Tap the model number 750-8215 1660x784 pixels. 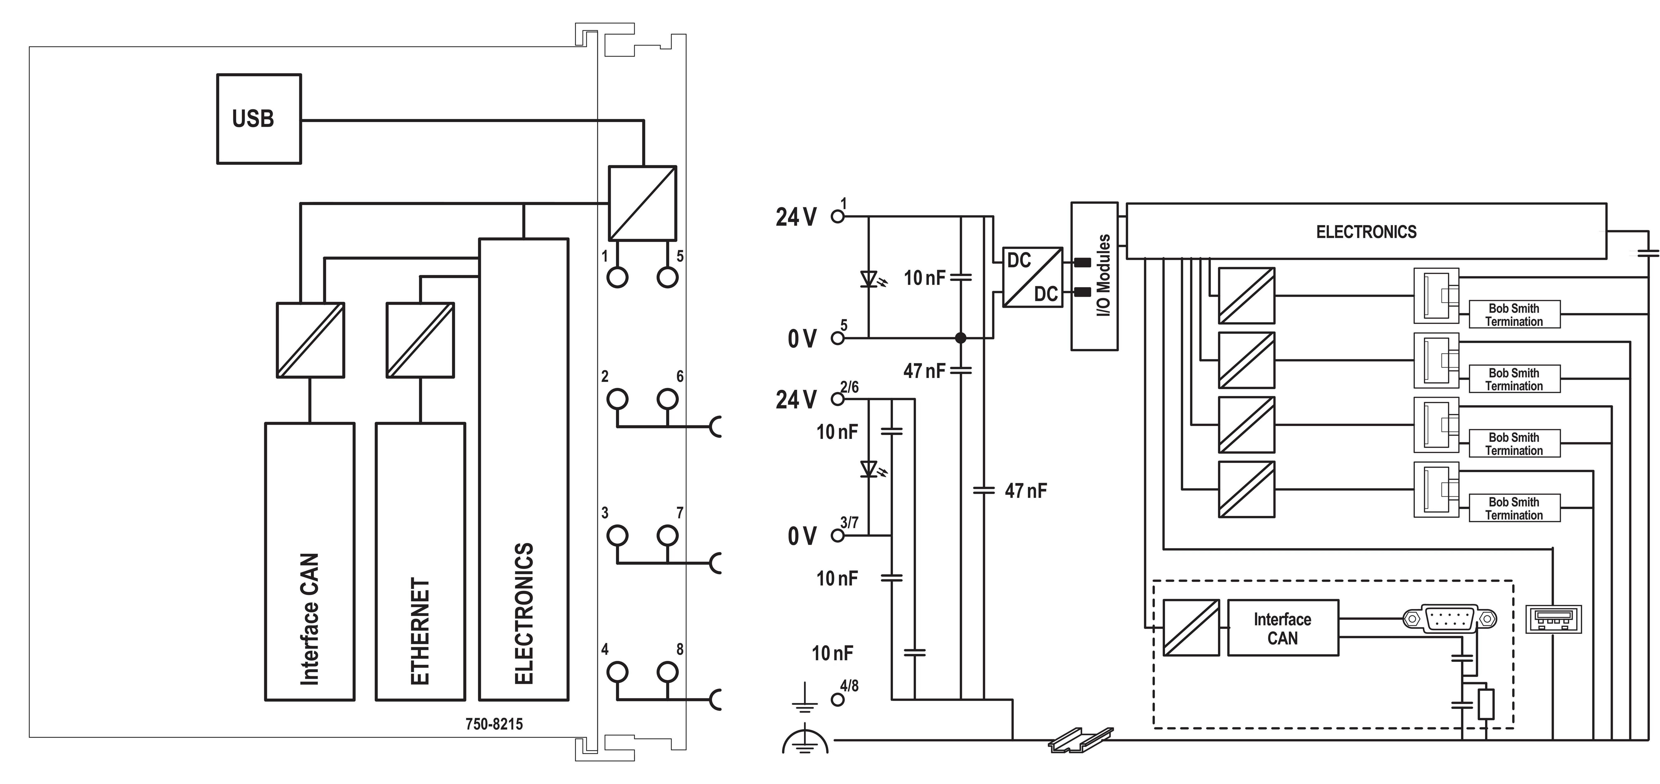(494, 724)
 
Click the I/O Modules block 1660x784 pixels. (1094, 276)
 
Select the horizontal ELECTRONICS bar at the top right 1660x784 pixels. (1366, 231)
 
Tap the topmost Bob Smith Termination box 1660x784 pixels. (1514, 314)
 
